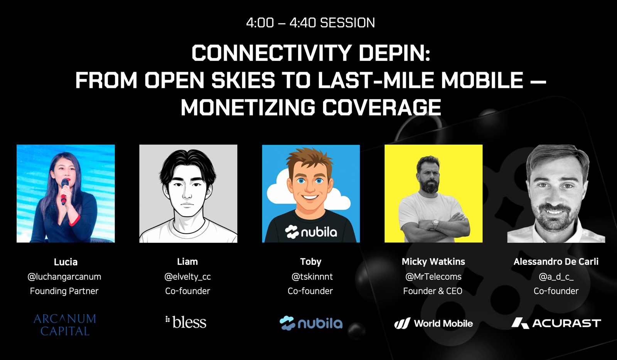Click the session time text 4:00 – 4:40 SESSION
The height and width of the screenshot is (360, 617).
(310, 23)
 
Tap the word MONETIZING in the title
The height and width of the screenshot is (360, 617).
(248, 107)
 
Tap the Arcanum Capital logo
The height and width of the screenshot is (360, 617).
(65, 325)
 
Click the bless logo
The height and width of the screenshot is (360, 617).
(186, 322)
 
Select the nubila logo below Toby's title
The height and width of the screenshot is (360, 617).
(311, 323)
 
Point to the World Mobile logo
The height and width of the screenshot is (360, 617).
(433, 323)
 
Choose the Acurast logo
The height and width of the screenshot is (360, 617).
(556, 323)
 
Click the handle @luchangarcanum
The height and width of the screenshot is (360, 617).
(64, 277)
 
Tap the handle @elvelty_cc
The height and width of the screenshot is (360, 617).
(187, 277)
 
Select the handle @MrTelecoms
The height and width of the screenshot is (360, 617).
(433, 277)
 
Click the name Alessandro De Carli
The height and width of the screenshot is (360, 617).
(556, 261)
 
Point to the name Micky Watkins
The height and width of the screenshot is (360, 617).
(433, 261)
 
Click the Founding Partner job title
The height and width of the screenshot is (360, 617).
(64, 291)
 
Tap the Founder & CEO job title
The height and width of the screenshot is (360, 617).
(433, 291)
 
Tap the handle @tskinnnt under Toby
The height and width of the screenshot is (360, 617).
(312, 277)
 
